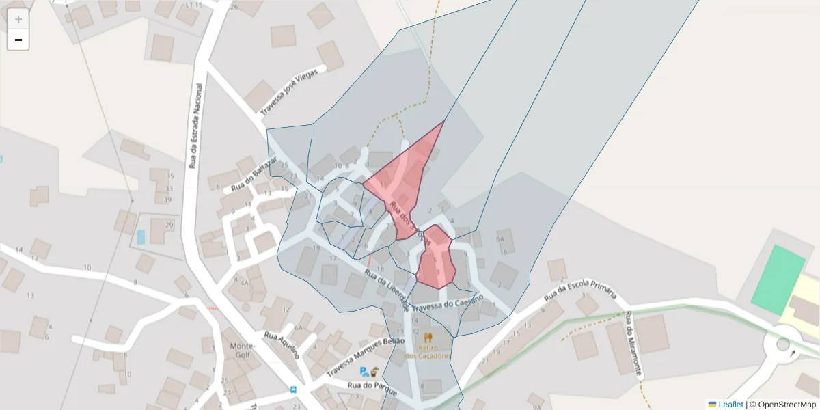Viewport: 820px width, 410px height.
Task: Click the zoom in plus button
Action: pyautogui.click(x=18, y=19)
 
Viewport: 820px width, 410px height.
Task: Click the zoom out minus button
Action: pyautogui.click(x=18, y=40)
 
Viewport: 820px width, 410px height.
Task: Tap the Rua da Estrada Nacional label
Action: pyautogui.click(x=195, y=126)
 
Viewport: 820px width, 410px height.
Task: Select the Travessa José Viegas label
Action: pyautogui.click(x=289, y=91)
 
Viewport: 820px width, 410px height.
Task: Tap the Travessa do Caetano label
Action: pyautogui.click(x=448, y=302)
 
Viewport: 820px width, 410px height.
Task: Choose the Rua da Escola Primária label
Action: pyautogui.click(x=581, y=292)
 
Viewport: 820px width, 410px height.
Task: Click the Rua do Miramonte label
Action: pyautogui.click(x=633, y=344)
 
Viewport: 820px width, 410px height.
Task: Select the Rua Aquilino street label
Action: pyautogui.click(x=282, y=344)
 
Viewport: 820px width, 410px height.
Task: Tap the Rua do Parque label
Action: pyautogui.click(x=372, y=385)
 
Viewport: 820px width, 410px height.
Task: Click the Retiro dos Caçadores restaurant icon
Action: pyautogui.click(x=428, y=338)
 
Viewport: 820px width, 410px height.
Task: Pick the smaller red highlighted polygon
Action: pyautogui.click(x=436, y=260)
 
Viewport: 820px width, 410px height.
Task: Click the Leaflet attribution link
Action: pyautogui.click(x=730, y=405)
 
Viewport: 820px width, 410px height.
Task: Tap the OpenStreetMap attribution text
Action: pyautogui.click(x=782, y=405)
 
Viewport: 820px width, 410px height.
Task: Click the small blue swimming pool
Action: pyautogui.click(x=141, y=237)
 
